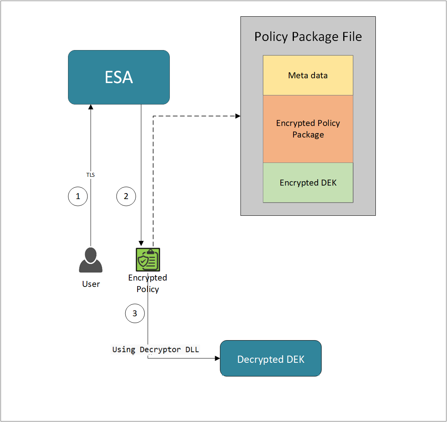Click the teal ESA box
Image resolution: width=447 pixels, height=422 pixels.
coord(119,77)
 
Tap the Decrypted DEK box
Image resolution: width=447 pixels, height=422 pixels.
coord(270,358)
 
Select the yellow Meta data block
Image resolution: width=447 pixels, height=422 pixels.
coord(308,75)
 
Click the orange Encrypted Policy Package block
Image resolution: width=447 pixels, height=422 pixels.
coord(308,129)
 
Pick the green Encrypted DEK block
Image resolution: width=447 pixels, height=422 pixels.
coord(308,182)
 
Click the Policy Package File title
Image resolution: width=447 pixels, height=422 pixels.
coord(308,37)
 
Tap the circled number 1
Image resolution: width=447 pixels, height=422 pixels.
coord(78,196)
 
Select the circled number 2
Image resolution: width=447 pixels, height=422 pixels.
coord(126,196)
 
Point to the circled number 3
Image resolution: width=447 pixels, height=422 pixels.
coord(135,313)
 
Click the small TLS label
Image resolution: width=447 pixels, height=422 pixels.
coord(91,174)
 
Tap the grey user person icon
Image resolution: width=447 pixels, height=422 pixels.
coord(91,260)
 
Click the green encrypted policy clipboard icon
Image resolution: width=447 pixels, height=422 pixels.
coord(148,260)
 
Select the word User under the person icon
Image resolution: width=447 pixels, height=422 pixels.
coord(91,284)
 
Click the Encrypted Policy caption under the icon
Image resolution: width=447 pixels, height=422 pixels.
coord(148,283)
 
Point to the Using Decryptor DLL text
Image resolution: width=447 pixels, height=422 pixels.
coord(155,349)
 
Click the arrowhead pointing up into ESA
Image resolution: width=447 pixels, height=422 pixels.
coord(91,107)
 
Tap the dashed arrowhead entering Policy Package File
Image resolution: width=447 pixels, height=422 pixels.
coord(238,116)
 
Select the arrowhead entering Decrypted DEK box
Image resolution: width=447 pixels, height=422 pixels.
coord(217,358)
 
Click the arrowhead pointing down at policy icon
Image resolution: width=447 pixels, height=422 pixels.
coord(141,243)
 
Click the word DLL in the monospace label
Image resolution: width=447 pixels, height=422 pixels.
coord(192,349)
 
